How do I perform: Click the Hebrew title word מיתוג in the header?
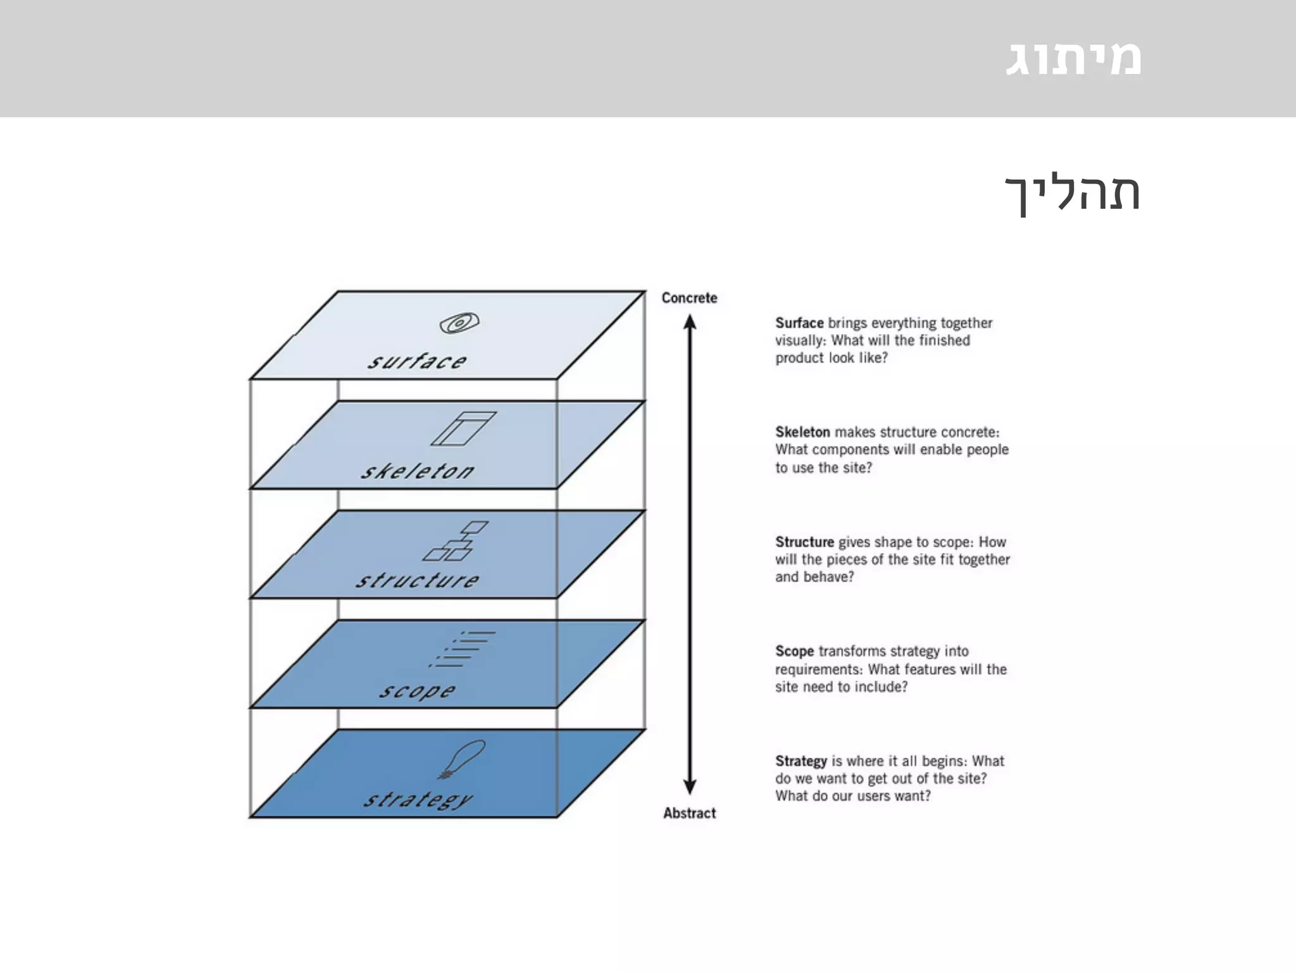[1073, 58]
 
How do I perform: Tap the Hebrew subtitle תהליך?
[1073, 192]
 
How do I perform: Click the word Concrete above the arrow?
[689, 298]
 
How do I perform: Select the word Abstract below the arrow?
[689, 813]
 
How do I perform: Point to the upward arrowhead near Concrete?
[690, 323]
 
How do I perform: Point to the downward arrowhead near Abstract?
[690, 787]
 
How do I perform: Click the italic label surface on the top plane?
[417, 361]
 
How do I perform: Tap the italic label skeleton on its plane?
[417, 471]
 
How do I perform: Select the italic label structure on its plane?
[417, 580]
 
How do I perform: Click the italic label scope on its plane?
[417, 690]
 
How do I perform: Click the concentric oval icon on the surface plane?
[459, 323]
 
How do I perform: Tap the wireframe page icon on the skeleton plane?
[463, 428]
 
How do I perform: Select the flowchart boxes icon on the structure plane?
[456, 541]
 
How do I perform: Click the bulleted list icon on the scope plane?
[462, 649]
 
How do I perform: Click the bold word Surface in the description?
[799, 323]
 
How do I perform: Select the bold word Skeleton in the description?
[802, 432]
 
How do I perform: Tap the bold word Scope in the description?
[794, 651]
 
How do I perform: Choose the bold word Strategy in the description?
[801, 761]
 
